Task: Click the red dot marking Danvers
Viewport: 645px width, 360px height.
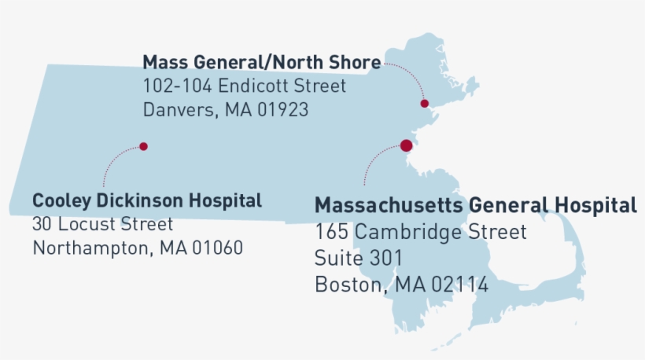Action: pyautogui.click(x=424, y=103)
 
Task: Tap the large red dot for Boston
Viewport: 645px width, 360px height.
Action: pyautogui.click(x=406, y=145)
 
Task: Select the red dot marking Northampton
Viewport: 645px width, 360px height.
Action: pyautogui.click(x=143, y=146)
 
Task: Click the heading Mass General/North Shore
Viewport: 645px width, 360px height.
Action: pyautogui.click(x=261, y=62)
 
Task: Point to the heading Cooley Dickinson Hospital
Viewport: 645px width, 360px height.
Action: pyautogui.click(x=147, y=200)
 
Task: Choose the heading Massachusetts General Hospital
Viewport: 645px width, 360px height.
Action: pyautogui.click(x=475, y=206)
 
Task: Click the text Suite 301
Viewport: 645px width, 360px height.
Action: pyautogui.click(x=359, y=259)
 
